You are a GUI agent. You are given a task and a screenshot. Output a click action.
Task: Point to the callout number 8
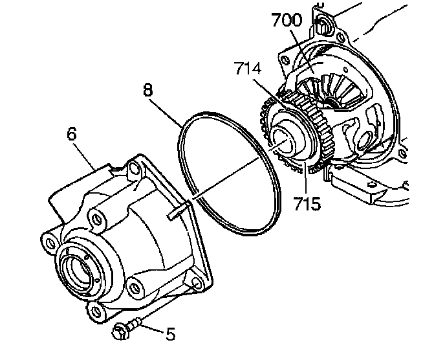click(147, 90)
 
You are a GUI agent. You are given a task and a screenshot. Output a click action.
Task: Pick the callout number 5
click(170, 334)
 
